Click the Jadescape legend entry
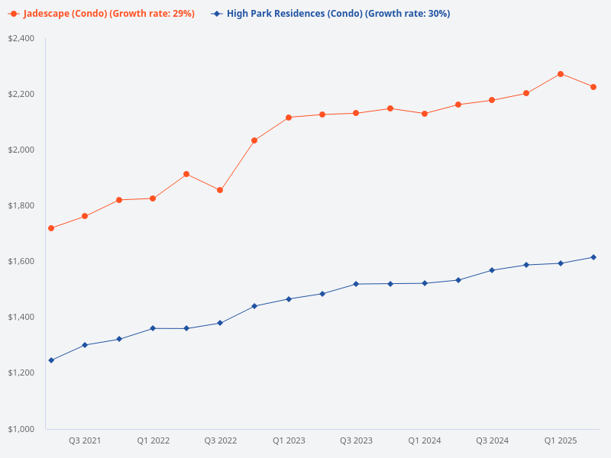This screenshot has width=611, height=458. click(107, 14)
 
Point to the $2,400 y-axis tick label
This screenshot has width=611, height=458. click(21, 38)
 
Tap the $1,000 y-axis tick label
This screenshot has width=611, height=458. click(21, 429)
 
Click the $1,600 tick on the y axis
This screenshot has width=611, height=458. click(21, 261)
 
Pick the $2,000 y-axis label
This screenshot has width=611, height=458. click(21, 150)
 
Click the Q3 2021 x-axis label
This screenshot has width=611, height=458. click(85, 440)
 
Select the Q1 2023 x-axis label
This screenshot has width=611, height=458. click(289, 440)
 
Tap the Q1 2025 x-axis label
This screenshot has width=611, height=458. click(560, 440)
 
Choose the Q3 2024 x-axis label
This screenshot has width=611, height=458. click(492, 440)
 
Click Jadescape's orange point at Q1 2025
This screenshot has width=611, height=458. click(561, 74)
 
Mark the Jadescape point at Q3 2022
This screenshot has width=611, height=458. click(220, 190)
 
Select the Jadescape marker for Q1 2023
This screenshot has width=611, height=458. click(289, 118)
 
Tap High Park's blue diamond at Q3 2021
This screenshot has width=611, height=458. click(85, 345)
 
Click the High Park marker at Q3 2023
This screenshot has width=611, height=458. click(356, 284)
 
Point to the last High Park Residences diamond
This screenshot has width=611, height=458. click(593, 257)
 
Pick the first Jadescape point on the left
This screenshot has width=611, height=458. click(51, 228)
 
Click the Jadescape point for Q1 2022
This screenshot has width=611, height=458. click(153, 198)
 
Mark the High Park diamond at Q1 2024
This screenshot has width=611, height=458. click(425, 283)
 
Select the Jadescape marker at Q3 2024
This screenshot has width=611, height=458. click(492, 100)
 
